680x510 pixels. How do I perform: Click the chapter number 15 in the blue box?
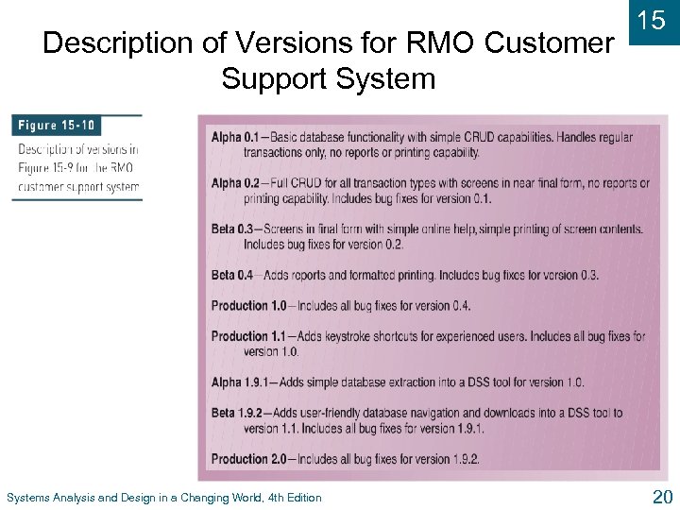tap(652, 22)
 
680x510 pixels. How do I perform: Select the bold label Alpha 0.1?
tap(233, 138)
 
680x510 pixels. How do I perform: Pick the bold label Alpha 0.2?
tap(233, 184)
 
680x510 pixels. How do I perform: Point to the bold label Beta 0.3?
tap(231, 229)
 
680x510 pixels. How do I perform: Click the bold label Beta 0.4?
tap(231, 275)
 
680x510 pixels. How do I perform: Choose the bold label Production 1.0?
tap(248, 306)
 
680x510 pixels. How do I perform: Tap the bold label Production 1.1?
tap(248, 336)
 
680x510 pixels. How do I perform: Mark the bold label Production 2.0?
tap(248, 459)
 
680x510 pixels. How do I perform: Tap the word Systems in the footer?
tap(27, 498)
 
